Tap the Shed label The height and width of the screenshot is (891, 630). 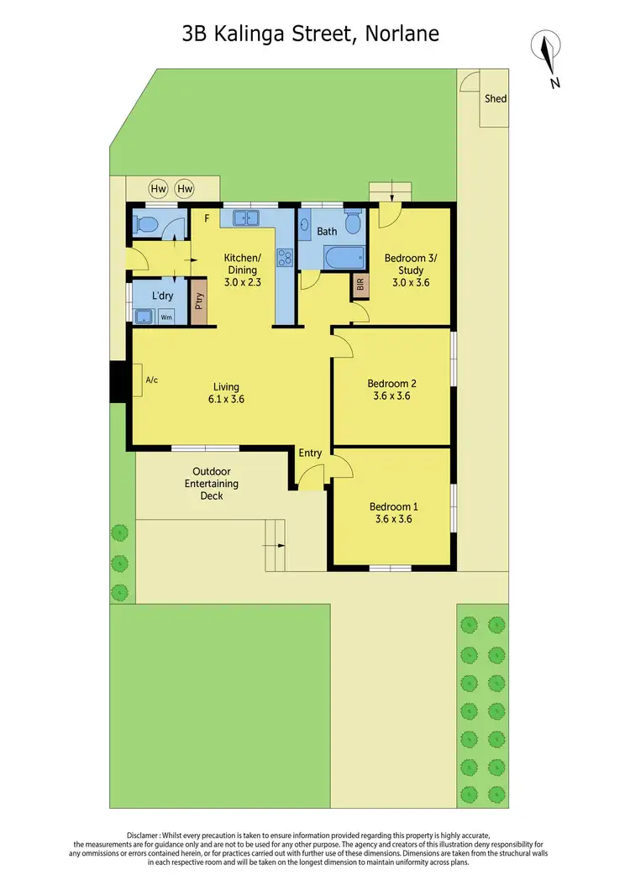pos(496,99)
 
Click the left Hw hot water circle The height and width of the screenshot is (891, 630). pos(158,189)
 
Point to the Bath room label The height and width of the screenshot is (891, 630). pos(327,231)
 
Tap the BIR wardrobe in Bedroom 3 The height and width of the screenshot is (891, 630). pos(361,286)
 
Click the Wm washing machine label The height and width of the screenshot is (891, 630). pos(166,317)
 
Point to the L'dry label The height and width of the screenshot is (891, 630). pos(163,296)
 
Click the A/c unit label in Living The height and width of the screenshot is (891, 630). pos(152,380)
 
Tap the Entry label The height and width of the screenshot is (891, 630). pos(311,453)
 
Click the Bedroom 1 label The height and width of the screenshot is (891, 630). pos(393,506)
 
